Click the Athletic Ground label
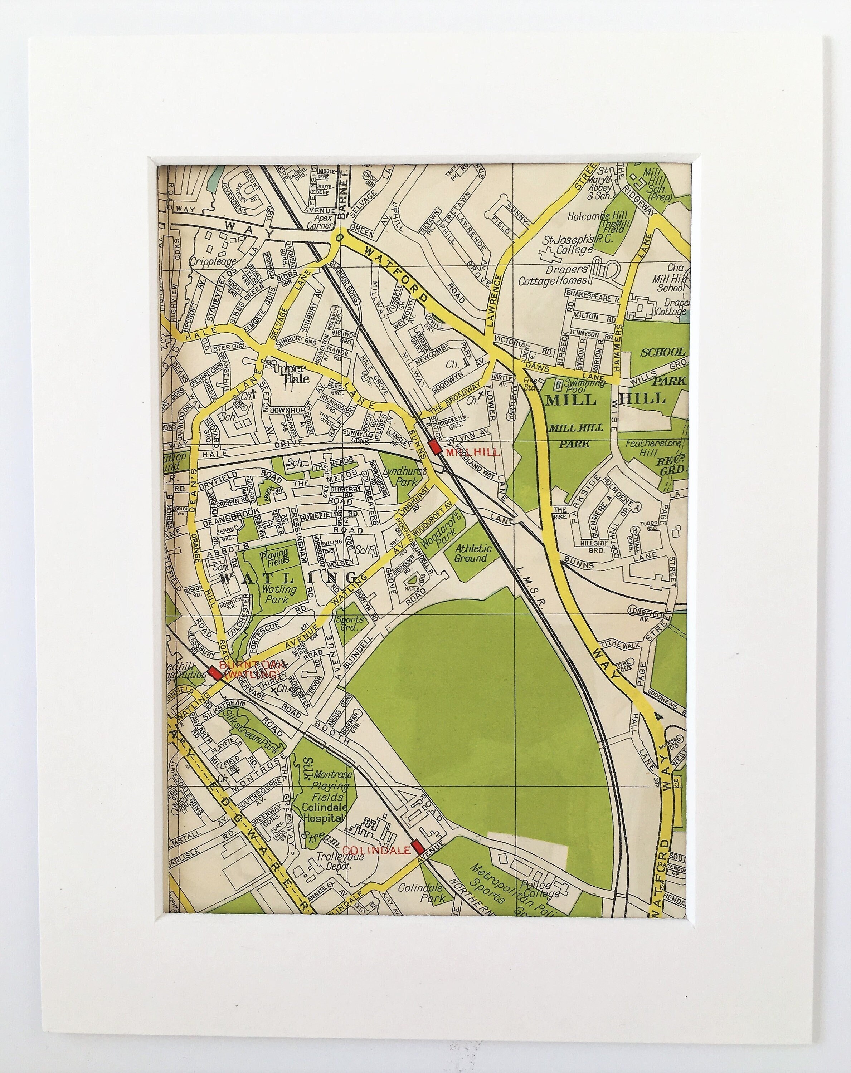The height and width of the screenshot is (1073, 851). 473,553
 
